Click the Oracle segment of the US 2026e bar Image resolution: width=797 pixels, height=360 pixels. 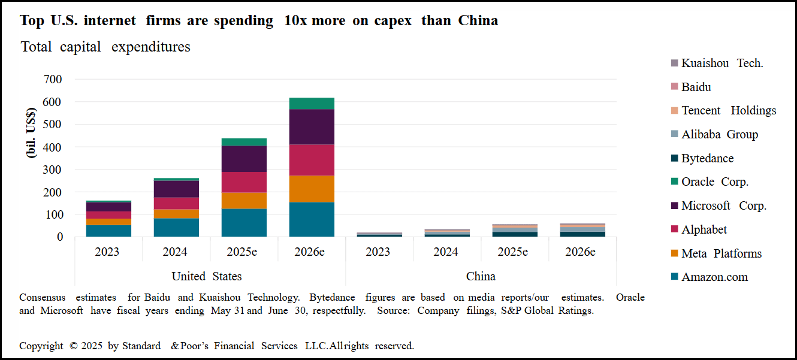coord(312,103)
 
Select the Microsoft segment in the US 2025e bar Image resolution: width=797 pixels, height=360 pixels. coord(244,159)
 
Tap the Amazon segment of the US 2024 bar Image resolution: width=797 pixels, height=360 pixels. coord(176,227)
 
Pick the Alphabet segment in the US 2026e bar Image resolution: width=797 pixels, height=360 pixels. coord(312,160)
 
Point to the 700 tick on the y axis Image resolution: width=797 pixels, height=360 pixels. coord(53,79)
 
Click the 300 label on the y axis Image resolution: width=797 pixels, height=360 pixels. coord(53,170)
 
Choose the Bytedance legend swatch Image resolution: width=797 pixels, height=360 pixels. coord(674,159)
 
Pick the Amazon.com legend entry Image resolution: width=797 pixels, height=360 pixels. coord(714,277)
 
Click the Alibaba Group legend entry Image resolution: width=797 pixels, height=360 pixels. coord(719,135)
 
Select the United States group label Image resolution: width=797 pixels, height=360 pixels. coord(207,276)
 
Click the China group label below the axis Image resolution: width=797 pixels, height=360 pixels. coord(481,276)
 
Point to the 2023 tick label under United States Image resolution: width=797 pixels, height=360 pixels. coord(107,252)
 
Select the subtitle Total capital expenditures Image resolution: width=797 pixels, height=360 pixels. coord(105,47)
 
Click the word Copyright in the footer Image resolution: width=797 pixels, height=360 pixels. coord(41,346)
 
